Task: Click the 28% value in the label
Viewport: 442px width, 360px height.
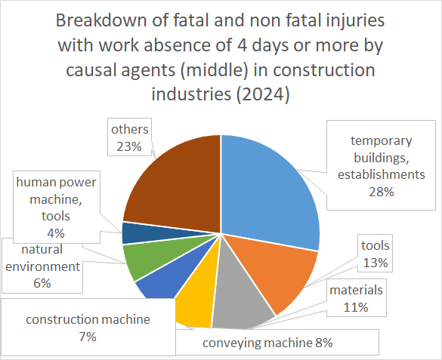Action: (382, 192)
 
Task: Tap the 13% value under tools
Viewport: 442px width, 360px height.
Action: (376, 263)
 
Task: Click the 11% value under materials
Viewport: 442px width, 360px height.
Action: (356, 307)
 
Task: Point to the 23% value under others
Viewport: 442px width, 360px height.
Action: (129, 146)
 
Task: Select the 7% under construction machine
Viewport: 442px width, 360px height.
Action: (88, 337)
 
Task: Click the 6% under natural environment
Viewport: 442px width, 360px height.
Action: (42, 283)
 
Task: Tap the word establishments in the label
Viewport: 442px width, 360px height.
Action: (382, 174)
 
